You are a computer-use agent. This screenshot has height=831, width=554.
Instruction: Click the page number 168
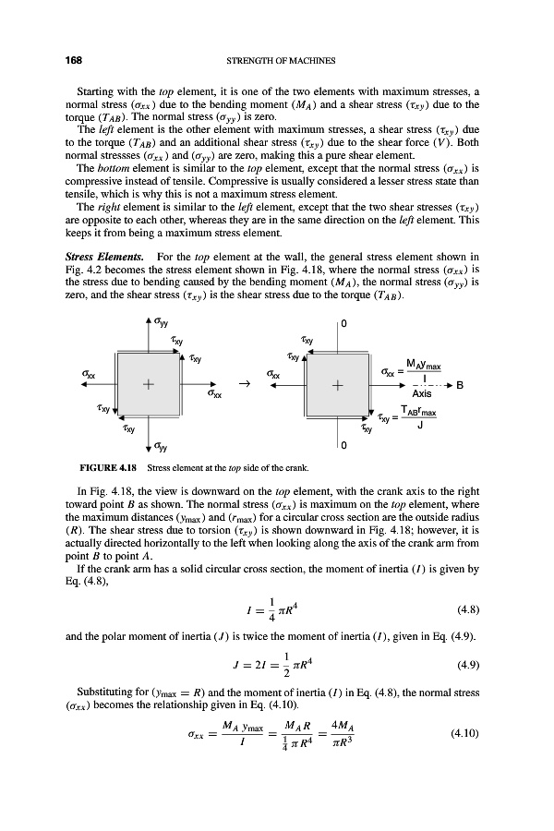72,61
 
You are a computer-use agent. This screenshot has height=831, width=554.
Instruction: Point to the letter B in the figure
485,385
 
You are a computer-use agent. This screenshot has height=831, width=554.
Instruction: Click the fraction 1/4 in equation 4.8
254,583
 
